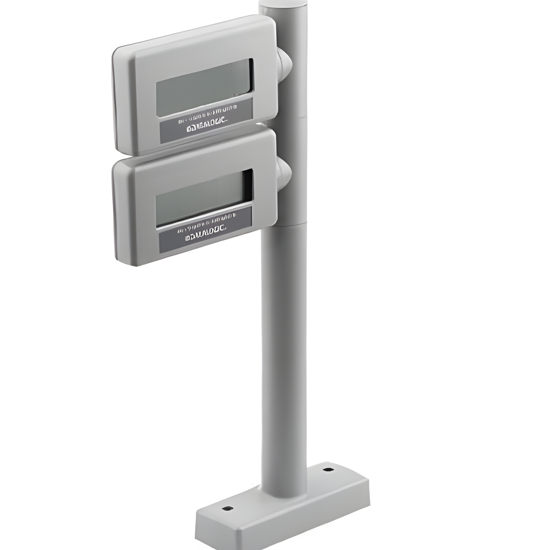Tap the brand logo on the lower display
click(x=205, y=236)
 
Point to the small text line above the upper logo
click(x=207, y=115)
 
